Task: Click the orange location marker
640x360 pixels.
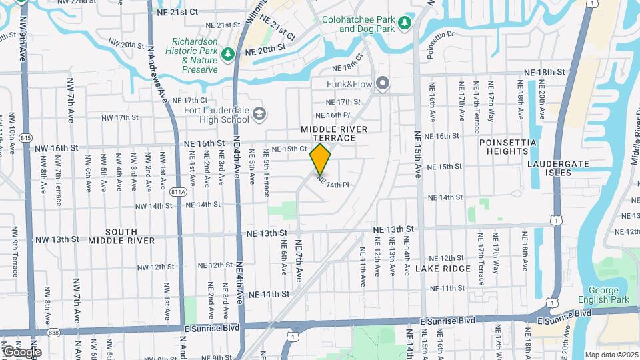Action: pos(321,159)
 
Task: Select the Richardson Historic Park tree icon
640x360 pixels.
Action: pos(228,53)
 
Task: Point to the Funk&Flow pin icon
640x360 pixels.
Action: pos(382,84)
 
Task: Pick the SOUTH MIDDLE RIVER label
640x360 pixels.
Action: pos(121,235)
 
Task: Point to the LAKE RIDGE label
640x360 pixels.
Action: pos(443,269)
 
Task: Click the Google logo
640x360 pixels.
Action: pos(21,352)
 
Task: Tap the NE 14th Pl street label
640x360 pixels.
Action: pos(333,181)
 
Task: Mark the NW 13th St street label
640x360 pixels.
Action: pos(57,239)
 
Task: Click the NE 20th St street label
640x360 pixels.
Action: pos(265,50)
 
